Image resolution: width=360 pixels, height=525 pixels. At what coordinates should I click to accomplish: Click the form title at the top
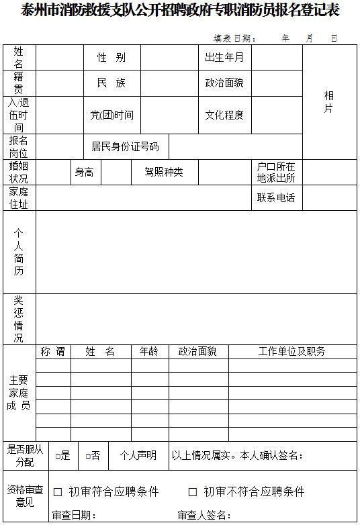180,10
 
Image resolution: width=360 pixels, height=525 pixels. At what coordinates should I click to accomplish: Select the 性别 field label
111,58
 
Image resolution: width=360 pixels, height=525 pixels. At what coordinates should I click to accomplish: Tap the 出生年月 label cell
224,58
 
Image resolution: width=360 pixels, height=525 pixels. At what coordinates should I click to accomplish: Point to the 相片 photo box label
328,102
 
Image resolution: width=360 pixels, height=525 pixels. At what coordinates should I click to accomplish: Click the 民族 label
111,83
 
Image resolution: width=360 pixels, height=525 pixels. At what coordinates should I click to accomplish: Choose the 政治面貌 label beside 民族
224,83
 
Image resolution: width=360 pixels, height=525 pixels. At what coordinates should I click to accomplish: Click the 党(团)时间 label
112,115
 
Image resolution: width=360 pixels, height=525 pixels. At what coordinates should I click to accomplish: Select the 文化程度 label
224,115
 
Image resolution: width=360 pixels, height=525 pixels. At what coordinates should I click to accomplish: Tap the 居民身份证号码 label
126,146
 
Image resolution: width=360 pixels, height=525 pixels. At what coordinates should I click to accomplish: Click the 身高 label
84,173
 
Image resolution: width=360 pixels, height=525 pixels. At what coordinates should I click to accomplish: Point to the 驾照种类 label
163,173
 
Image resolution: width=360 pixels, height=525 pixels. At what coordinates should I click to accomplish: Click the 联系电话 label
276,198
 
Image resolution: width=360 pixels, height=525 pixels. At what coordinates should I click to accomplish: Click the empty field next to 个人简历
195,252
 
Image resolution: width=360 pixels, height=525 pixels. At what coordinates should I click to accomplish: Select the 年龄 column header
149,352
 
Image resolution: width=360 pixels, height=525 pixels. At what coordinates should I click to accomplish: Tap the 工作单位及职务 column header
291,352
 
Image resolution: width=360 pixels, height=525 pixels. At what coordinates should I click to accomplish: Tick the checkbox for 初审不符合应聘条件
193,492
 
